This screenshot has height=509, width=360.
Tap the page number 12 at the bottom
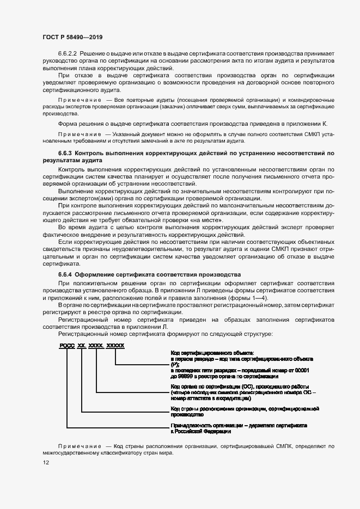click(46, 462)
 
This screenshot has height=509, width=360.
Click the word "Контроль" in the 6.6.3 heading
click(90, 154)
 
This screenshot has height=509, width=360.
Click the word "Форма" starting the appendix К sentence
click(68, 124)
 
